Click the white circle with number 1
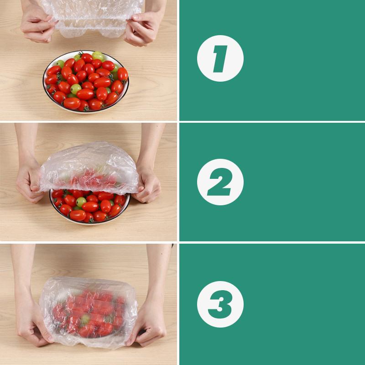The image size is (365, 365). tap(220, 58)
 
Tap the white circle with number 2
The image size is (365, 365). tap(220, 182)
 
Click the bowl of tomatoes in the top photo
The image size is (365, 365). tap(86, 81)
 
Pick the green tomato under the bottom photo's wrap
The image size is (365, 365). tap(84, 319)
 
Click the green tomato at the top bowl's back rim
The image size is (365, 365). tap(98, 56)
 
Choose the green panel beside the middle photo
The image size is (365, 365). tap(297, 182)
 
